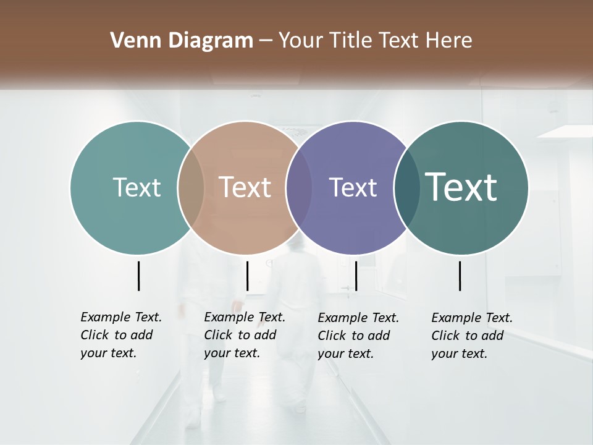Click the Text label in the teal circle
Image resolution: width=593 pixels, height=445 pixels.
(137, 187)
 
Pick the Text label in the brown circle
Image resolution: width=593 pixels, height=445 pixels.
(245, 187)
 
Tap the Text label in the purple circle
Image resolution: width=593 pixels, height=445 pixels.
(353, 187)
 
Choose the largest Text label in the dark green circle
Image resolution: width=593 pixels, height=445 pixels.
(461, 187)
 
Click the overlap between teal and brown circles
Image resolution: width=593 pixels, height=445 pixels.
(191, 187)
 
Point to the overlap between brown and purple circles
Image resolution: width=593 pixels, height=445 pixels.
(299, 187)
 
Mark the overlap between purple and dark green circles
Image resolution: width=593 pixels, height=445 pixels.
(406, 187)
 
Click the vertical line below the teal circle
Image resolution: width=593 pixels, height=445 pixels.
(138, 276)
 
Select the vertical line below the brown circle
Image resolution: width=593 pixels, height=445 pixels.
(247, 276)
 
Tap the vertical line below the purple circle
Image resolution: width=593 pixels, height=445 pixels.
(356, 276)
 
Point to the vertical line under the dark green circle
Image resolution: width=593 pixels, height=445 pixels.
(460, 276)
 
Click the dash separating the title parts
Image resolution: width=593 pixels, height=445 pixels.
(266, 41)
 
